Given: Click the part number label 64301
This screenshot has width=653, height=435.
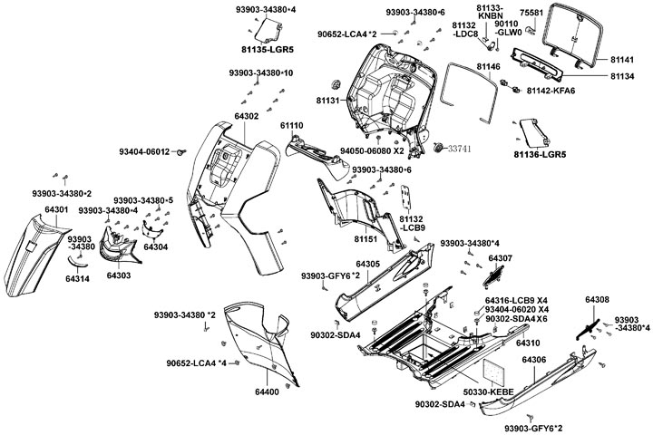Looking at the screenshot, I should (56, 210).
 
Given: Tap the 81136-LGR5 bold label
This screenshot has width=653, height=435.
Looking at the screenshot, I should (540, 155).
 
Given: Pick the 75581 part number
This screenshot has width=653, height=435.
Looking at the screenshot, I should (532, 13).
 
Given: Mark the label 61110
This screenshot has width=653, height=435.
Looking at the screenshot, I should (292, 124).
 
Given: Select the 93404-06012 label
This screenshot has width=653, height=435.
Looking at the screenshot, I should (144, 151).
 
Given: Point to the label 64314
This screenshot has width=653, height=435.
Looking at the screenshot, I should (77, 280).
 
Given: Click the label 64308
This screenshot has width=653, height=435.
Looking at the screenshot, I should (597, 299).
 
